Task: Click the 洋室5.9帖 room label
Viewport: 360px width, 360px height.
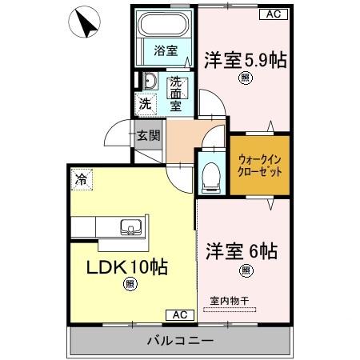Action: [246, 60]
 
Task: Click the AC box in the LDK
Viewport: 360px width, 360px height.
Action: [179, 315]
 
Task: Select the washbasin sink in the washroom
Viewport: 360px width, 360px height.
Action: [149, 80]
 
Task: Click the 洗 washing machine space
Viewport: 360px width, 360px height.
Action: [145, 103]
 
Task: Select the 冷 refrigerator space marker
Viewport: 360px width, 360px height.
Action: [81, 179]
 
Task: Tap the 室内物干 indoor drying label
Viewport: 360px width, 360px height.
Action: [230, 300]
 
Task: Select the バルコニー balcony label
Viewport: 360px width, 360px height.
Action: [179, 340]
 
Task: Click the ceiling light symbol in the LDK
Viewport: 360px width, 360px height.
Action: [130, 283]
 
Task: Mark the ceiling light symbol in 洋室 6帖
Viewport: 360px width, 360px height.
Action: [246, 270]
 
